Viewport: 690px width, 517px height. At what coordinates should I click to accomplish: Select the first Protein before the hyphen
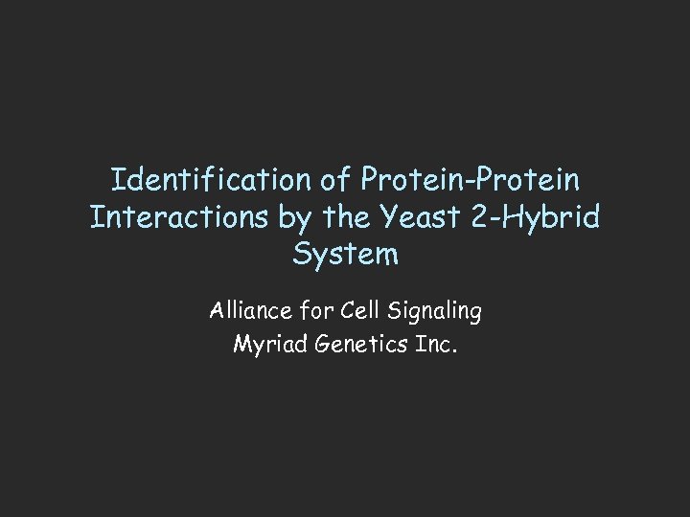[415, 180]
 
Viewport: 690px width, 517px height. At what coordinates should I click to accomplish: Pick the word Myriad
[266, 345]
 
